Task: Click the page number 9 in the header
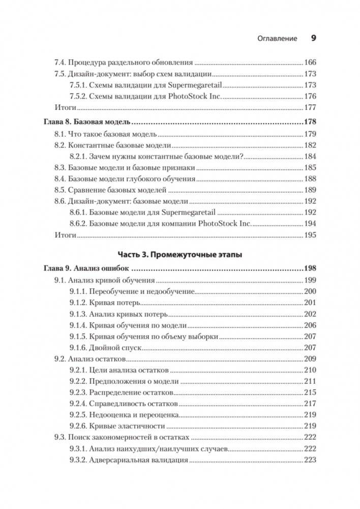[313, 38]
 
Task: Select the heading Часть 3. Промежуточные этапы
[180, 254]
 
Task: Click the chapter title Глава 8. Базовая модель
[85, 122]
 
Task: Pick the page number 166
[310, 63]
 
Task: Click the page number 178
[310, 122]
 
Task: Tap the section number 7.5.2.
[79, 96]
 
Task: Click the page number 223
[310, 460]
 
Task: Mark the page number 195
[310, 235]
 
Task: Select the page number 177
[310, 107]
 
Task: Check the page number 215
[310, 393]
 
